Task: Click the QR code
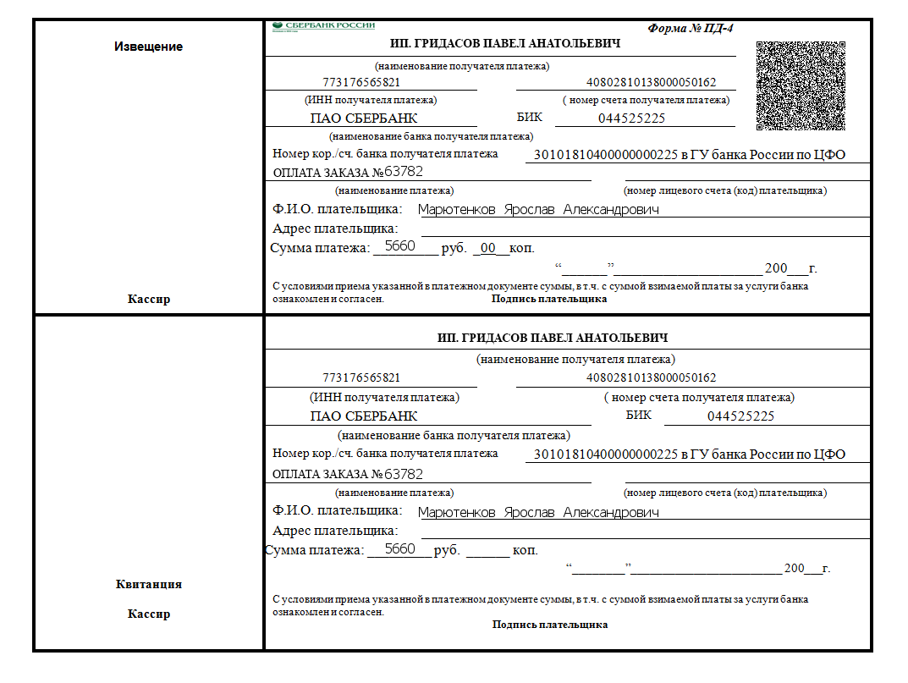coord(801,85)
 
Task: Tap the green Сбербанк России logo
coord(323,26)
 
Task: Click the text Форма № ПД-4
coord(691,28)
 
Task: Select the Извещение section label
coord(148,47)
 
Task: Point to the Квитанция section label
coord(148,584)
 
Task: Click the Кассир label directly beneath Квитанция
coord(148,614)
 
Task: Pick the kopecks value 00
coord(487,248)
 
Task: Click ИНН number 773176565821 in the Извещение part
coord(361,83)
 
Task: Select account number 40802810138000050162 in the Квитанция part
coord(651,377)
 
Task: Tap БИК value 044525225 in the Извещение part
coord(631,118)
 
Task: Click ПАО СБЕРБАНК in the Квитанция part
coord(364,416)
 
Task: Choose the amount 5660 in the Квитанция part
coord(399,549)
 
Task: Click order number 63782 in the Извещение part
coord(404,173)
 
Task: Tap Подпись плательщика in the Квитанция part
coord(550,625)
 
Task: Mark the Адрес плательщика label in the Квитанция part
coord(335,531)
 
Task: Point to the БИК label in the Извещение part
coord(529,118)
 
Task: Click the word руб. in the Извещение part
coord(454,248)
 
